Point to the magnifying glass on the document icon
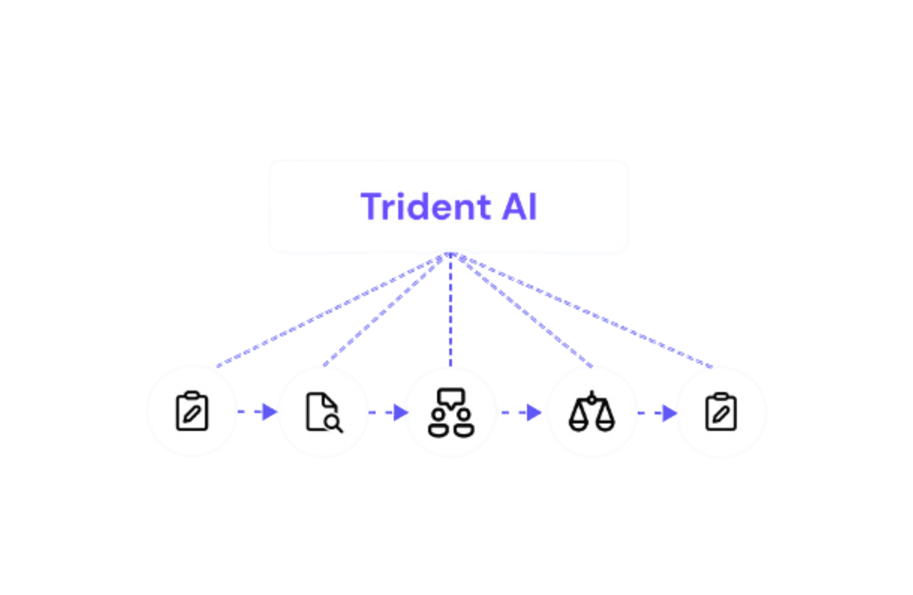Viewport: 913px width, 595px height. [x=333, y=422]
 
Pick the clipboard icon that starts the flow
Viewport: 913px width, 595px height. [x=192, y=411]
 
